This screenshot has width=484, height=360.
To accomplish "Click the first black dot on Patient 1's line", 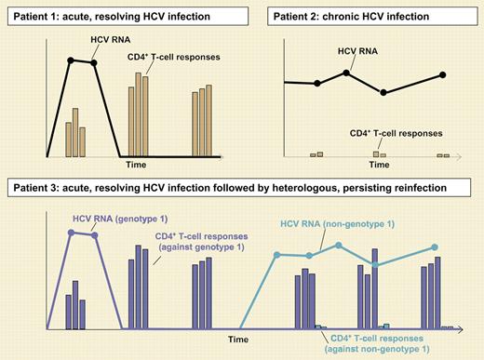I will (70, 60).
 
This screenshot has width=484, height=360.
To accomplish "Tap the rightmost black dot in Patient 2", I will (443, 74).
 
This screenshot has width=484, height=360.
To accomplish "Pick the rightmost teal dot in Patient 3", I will (434, 247).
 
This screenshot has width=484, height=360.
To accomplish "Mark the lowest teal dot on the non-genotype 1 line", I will (375, 265).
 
